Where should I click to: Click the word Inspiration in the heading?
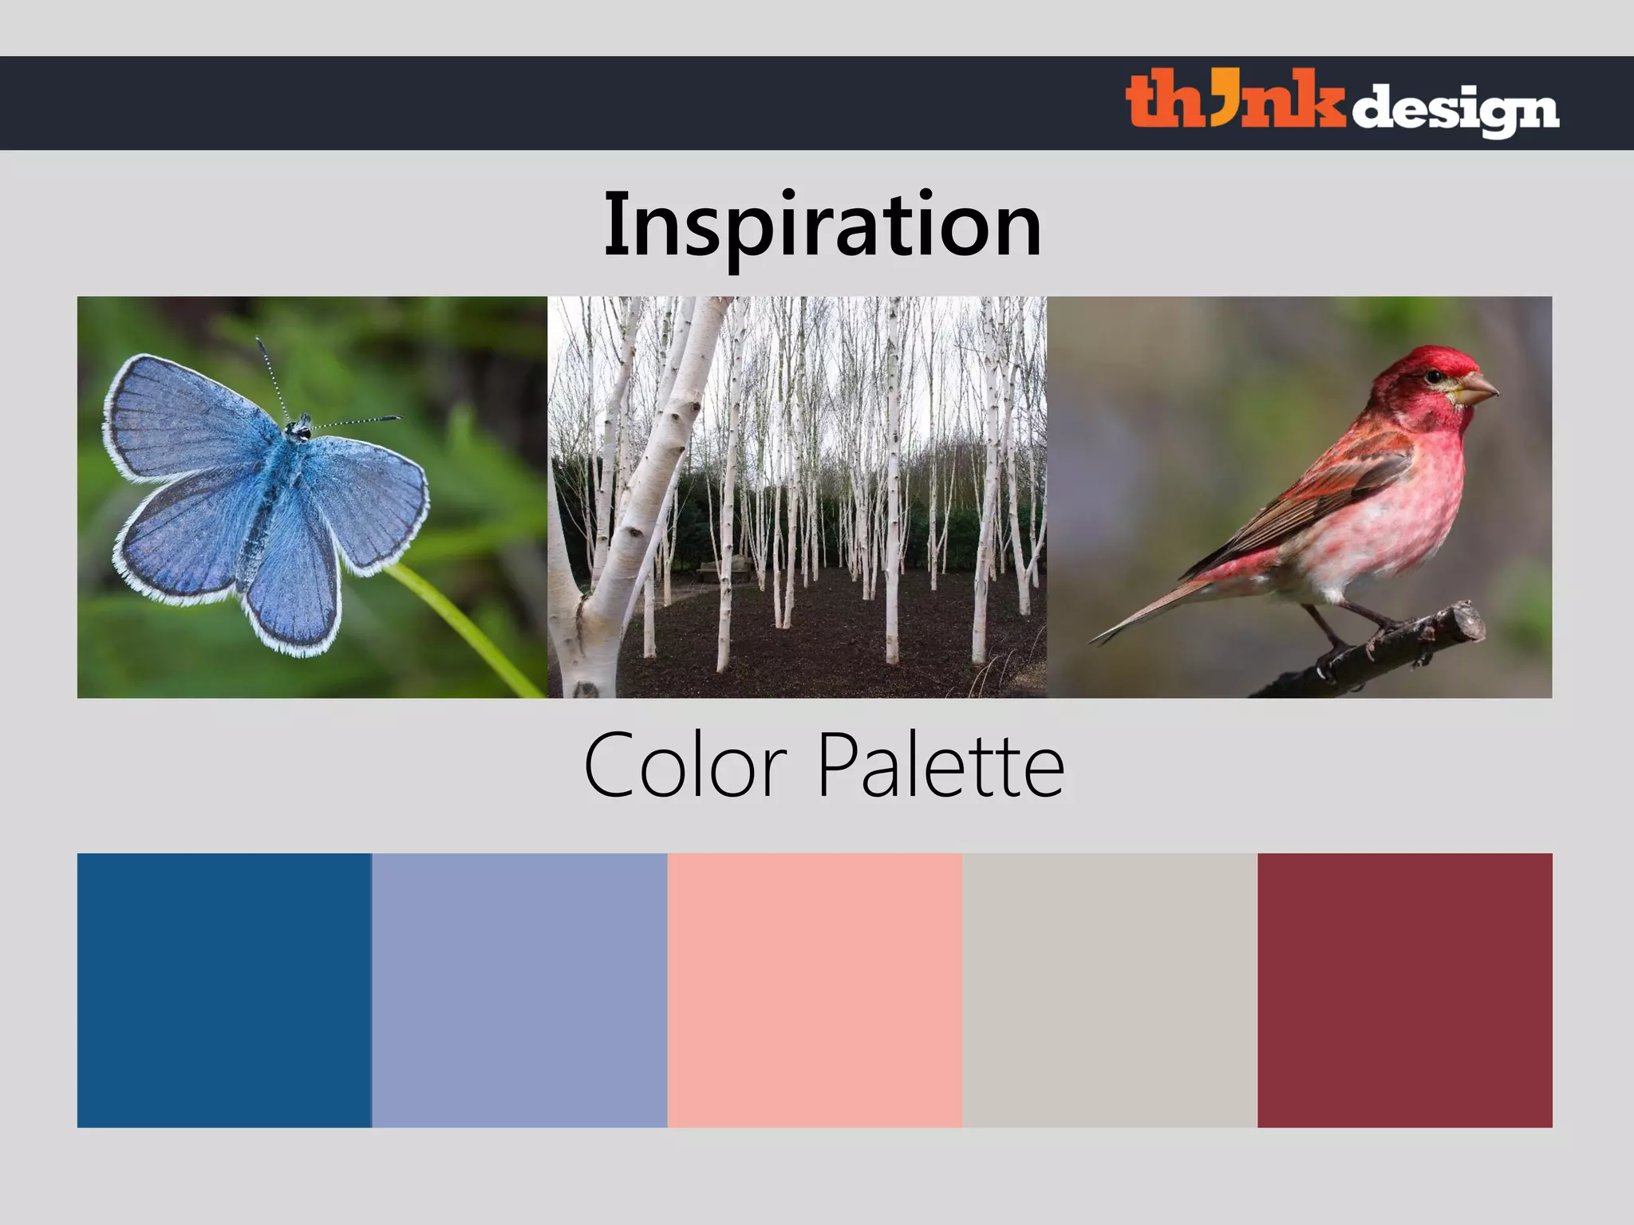coord(822,225)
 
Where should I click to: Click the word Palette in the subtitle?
coord(941,766)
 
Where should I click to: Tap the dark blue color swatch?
coord(224,990)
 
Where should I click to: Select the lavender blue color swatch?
coord(519,990)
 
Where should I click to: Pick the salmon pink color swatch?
coord(815,990)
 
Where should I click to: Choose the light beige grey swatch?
coord(1110,990)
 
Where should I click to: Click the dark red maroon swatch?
coord(1405,990)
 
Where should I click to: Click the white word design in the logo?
coord(1454,110)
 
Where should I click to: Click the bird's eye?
coord(1435,376)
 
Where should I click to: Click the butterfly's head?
coord(300,429)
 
